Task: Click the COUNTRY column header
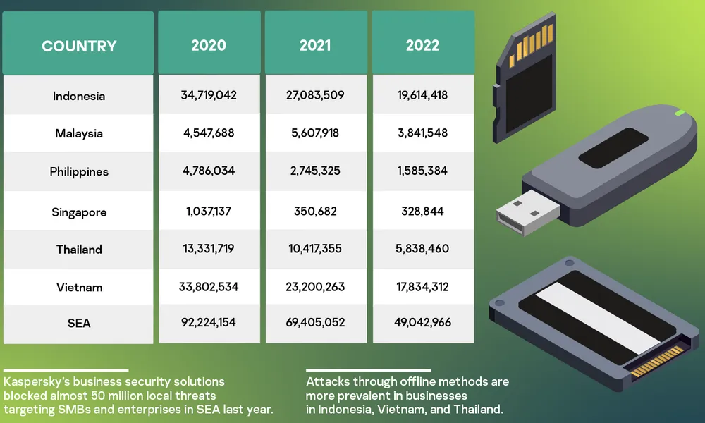pos(78,47)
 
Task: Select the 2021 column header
pos(315,46)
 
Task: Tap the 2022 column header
pos(422,46)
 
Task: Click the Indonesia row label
pos(78,96)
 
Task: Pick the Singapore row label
pos(78,211)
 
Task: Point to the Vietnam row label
pos(79,287)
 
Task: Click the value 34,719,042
pos(209,94)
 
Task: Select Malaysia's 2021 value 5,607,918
pos(315,133)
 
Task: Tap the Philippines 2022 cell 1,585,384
pos(422,171)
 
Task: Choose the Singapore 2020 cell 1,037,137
pos(209,211)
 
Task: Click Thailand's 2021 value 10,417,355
pos(315,248)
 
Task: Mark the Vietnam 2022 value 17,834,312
pos(422,286)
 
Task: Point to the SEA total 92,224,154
pos(209,322)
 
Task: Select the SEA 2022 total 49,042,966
pos(422,322)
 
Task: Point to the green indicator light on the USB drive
pos(680,112)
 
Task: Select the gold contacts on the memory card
pos(533,42)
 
